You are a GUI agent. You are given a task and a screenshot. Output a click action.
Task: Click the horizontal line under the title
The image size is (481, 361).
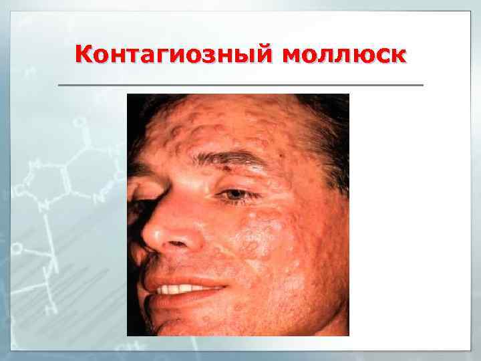click(240, 86)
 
